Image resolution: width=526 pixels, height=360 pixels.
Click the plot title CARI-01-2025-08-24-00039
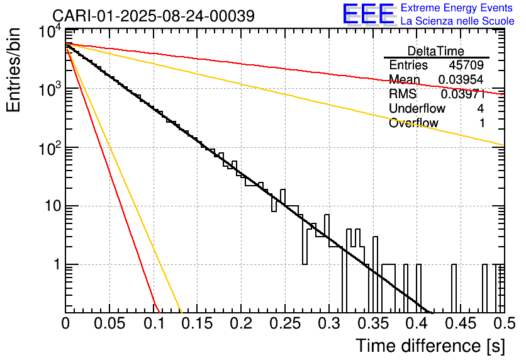[x=154, y=16]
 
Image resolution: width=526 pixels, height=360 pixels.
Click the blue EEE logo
[x=368, y=14]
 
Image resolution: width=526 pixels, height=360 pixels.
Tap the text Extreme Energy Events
[x=457, y=8]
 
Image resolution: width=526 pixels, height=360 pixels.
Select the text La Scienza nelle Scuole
[x=457, y=21]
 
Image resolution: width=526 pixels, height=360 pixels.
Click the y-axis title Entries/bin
[x=14, y=70]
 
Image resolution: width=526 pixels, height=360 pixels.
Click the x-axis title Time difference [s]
[x=430, y=346]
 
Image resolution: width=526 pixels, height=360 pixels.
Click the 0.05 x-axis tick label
[x=109, y=323]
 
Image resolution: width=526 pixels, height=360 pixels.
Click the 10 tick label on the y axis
[x=53, y=206]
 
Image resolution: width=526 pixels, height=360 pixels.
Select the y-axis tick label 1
[x=57, y=264]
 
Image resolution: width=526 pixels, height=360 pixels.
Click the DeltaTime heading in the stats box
[x=436, y=51]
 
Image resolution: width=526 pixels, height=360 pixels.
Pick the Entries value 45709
[x=466, y=65]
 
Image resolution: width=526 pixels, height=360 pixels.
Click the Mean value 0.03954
[x=461, y=79]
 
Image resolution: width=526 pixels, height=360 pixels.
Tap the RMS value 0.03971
[x=463, y=94]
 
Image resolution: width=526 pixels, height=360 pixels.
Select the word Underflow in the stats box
[x=417, y=108]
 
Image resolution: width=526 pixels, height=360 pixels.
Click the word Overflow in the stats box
[x=413, y=123]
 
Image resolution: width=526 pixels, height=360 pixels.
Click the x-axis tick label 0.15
[x=198, y=323]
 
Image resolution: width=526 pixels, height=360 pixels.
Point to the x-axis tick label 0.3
[x=329, y=323]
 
